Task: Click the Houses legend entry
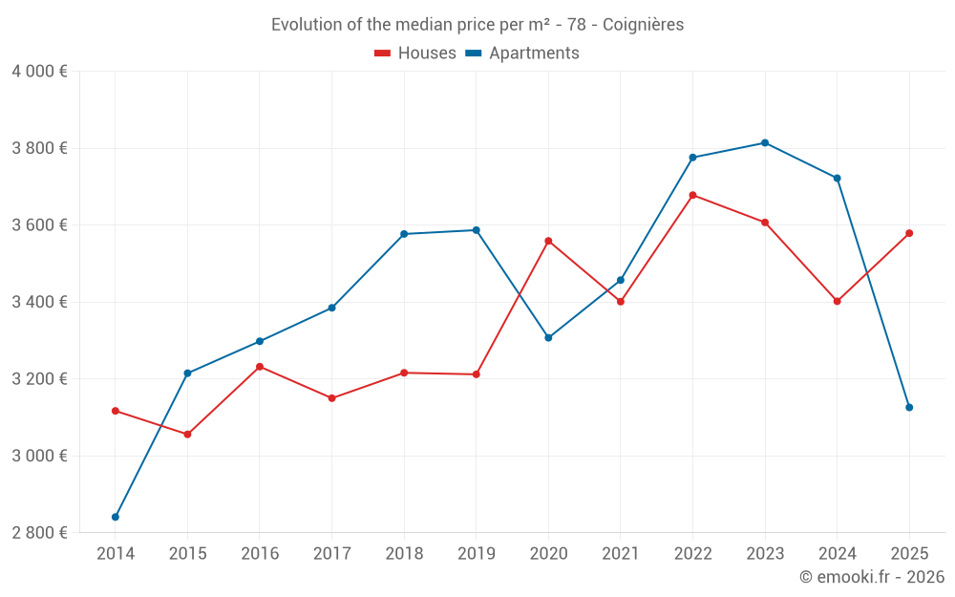pos(415,53)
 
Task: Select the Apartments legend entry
pos(522,53)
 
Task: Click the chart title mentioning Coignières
pos(477,25)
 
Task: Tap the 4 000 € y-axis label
pos(39,72)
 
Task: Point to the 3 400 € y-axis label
pos(39,302)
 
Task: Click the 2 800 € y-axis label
pos(39,532)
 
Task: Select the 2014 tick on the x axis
pos(116,553)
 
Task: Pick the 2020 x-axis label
pos(548,553)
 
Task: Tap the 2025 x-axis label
pos(909,553)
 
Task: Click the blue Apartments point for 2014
pos(116,517)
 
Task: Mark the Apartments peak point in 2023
pos(765,143)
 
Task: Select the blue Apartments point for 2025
pos(909,408)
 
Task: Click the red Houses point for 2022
pos(692,195)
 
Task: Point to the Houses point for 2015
pos(187,435)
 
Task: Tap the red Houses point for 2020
pos(548,241)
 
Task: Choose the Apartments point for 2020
pos(548,338)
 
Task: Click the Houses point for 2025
pos(909,233)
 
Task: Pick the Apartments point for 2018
pos(404,234)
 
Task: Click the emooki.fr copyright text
pos(871,577)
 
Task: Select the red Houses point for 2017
pos(331,398)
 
